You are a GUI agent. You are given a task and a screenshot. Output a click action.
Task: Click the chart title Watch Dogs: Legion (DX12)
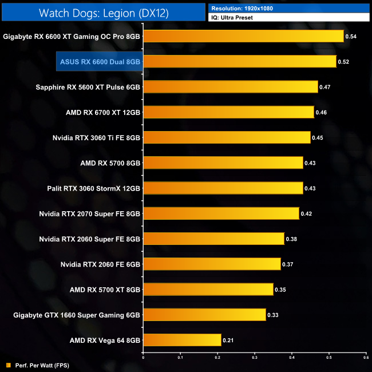pos(104,13)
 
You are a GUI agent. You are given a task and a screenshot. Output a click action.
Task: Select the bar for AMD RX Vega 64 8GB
pos(181,340)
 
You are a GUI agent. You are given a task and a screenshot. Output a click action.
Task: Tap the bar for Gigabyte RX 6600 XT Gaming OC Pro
pos(243,37)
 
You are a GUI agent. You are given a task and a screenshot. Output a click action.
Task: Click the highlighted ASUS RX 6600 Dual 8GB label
pos(100,62)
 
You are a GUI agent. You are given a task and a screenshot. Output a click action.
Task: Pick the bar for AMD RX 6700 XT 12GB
pos(228,112)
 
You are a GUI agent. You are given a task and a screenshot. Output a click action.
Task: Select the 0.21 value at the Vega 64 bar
pos(228,340)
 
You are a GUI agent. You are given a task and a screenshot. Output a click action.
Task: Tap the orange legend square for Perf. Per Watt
pos(8,365)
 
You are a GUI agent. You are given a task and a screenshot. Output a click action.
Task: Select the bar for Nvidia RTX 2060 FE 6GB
pos(211,264)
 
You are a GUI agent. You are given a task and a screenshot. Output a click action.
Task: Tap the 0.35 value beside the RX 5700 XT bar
pos(280,290)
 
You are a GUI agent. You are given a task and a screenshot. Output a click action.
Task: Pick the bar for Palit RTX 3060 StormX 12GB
pos(223,188)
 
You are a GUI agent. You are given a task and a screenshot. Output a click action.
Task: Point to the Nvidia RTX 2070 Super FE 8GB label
pos(89,213)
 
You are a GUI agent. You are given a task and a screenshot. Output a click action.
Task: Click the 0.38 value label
pos(291,239)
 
